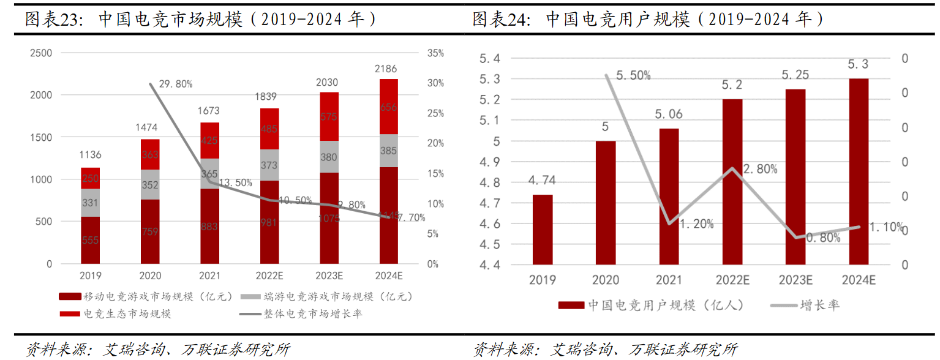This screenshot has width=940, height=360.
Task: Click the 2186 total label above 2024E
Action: coord(389,69)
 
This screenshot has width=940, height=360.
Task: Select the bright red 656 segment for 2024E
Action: coord(389,107)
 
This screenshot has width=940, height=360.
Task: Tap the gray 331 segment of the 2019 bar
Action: coord(91,203)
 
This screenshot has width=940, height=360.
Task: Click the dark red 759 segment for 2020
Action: coord(150,231)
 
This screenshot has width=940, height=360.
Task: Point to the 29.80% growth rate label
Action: coord(175,84)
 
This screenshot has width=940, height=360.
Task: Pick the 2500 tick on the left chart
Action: coord(41,53)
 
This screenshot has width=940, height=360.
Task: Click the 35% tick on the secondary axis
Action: coord(435,53)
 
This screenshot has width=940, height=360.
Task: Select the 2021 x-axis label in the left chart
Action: coord(210,276)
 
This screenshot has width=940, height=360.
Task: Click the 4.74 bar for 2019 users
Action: coord(543,230)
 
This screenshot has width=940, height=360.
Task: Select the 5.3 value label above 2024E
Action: coord(859,64)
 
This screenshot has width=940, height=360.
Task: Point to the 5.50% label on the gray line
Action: coord(633,75)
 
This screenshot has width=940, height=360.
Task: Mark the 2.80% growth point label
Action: coord(759,169)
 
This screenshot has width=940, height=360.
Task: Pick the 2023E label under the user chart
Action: coord(795,280)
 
